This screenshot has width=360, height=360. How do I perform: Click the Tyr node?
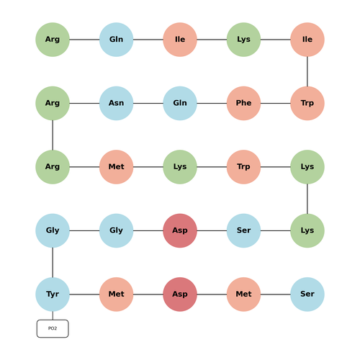point(53,294)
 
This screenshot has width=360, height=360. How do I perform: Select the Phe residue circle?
point(243,103)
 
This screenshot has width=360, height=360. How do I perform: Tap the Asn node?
point(116,103)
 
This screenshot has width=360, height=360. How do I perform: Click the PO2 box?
point(53,328)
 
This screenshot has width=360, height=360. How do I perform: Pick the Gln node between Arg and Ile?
point(116,40)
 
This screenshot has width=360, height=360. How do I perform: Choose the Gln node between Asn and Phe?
point(180,103)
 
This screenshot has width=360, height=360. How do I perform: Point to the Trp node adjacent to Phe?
point(307,103)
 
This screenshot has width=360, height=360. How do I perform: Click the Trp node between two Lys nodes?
point(243,167)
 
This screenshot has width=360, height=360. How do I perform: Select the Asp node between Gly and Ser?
point(180,230)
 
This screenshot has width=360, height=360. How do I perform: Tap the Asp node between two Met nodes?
point(180,294)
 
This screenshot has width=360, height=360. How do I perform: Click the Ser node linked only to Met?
point(307,294)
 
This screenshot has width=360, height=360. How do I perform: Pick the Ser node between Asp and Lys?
point(243,230)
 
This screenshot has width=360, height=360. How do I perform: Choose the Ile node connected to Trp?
point(307,40)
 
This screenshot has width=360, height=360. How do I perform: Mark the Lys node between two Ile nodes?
point(243,40)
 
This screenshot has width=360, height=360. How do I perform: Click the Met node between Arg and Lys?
point(116,167)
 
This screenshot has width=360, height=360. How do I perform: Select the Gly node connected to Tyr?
point(53,230)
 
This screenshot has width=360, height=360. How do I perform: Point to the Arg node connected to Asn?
point(53,103)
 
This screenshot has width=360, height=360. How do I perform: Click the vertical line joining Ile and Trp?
point(307,71)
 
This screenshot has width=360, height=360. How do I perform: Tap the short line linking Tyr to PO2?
point(53,315)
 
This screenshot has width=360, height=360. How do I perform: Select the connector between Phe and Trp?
point(276,103)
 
